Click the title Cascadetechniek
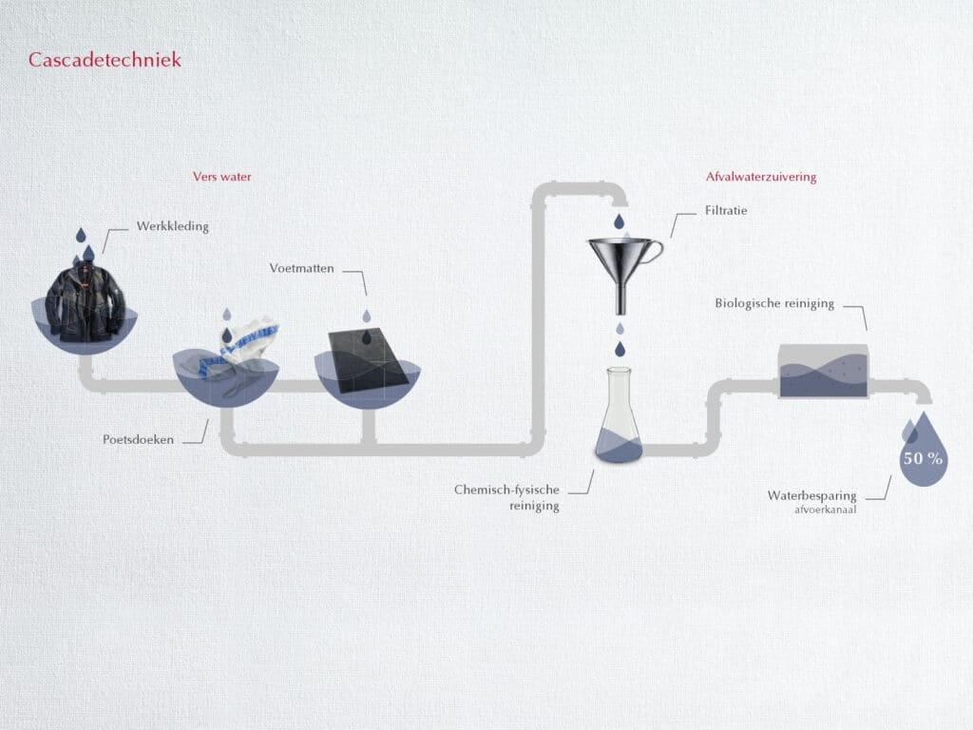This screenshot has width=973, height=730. (x=105, y=60)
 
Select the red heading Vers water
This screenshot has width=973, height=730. (x=222, y=177)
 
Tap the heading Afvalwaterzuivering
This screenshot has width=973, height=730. (x=761, y=177)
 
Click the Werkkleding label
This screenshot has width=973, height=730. (x=173, y=226)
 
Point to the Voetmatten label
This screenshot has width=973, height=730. (x=301, y=269)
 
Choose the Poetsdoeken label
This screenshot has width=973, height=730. (x=139, y=440)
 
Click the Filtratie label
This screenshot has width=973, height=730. (x=727, y=210)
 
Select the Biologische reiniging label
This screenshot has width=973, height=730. (x=774, y=303)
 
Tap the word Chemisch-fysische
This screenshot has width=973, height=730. (x=506, y=490)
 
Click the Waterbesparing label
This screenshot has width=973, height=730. (x=812, y=495)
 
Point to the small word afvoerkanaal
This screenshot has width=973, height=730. (x=827, y=509)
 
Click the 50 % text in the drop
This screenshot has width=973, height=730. (x=923, y=458)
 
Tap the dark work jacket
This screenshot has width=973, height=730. (x=86, y=301)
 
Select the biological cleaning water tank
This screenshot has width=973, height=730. (x=823, y=372)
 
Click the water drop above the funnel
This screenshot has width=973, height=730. (x=619, y=221)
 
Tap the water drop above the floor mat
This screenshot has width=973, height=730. (x=367, y=316)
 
